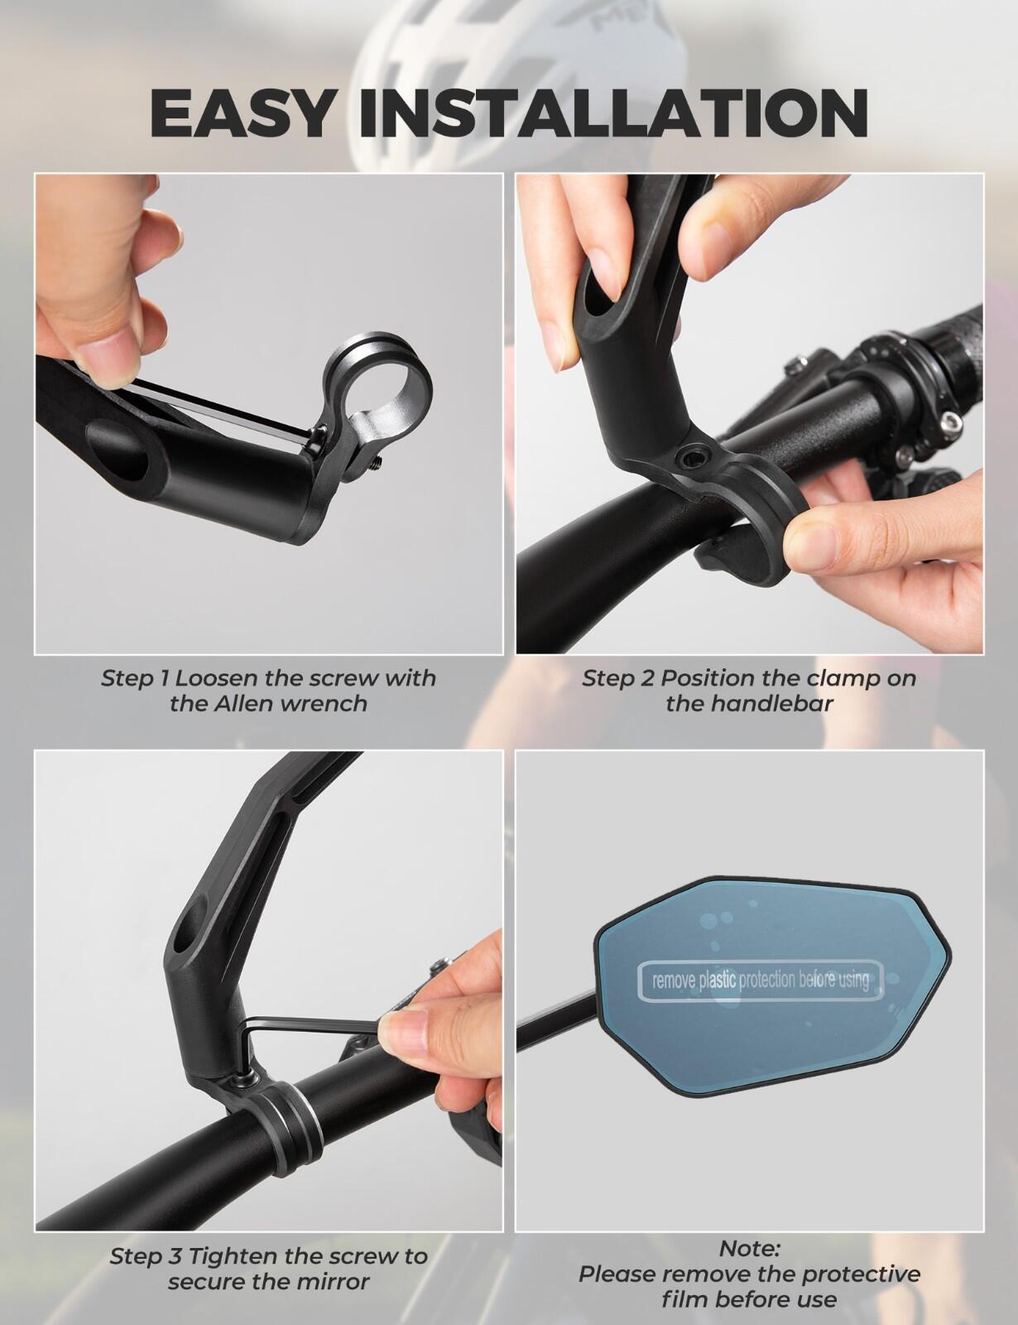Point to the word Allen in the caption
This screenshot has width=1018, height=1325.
tap(243, 704)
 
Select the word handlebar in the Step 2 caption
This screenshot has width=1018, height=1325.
tap(772, 704)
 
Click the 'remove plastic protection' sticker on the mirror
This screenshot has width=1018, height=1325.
tap(761, 981)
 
